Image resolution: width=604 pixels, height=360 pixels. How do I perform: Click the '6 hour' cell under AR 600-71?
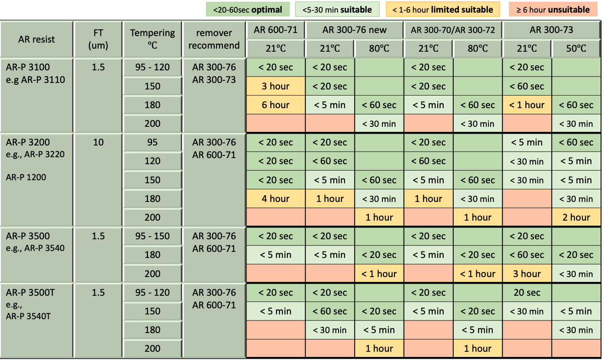275,105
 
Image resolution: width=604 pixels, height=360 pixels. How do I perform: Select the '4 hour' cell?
275,199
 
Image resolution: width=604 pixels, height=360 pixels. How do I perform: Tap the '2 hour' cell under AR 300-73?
576,218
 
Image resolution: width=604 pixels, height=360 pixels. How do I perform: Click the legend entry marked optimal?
248,10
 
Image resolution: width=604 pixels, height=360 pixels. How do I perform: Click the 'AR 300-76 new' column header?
355,30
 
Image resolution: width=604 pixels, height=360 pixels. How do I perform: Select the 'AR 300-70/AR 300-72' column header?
453,30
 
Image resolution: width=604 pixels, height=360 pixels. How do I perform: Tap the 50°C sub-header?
576,49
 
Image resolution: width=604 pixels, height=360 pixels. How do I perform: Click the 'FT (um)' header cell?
98,39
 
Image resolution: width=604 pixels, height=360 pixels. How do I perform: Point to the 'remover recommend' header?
214,39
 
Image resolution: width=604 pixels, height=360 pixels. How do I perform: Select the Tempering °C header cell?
152,39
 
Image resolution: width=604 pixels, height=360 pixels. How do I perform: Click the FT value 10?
98,142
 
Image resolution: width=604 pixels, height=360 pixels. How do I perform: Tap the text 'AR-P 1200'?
26,177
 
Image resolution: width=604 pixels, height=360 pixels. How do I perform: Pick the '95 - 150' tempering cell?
152,236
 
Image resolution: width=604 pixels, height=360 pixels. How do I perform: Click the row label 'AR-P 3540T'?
28,316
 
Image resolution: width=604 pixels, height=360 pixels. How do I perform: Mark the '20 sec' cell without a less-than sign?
527,293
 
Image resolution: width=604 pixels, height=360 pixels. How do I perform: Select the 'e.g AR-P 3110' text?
36,79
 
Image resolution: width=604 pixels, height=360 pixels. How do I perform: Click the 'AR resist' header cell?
37,39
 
